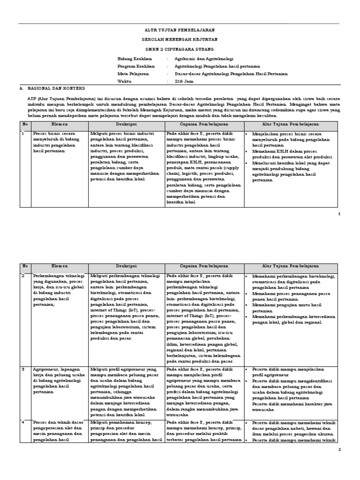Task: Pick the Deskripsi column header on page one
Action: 127,125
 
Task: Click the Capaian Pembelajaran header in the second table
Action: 204,266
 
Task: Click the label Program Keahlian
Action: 136,67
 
